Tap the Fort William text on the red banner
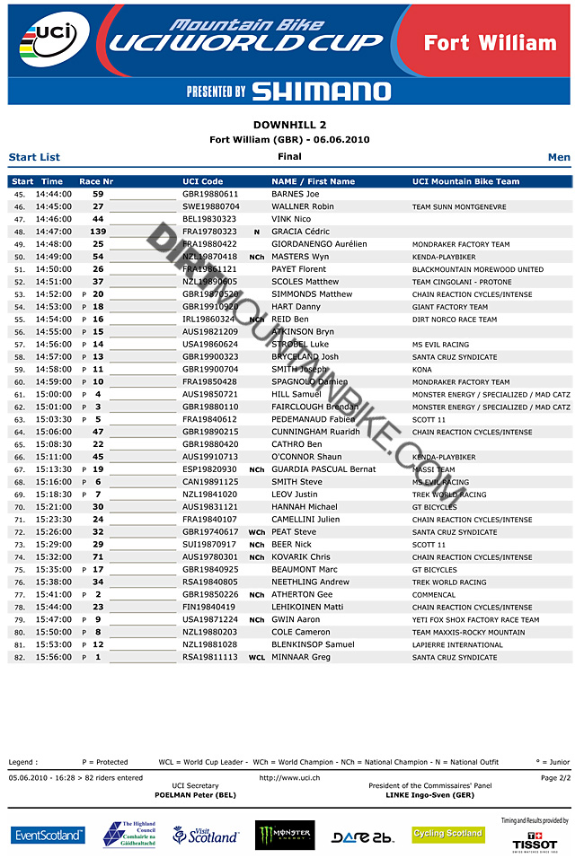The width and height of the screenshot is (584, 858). pyautogui.click(x=490, y=43)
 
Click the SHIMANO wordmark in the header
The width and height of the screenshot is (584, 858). pyautogui.click(x=321, y=92)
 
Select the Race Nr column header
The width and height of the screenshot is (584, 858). pyautogui.click(x=96, y=181)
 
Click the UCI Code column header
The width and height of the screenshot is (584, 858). pyautogui.click(x=202, y=181)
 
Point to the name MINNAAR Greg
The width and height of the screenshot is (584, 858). pyautogui.click(x=301, y=658)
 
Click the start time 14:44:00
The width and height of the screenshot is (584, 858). pyautogui.click(x=54, y=194)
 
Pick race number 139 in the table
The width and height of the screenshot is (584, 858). pyautogui.click(x=98, y=232)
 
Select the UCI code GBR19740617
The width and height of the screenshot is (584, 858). pyautogui.click(x=210, y=532)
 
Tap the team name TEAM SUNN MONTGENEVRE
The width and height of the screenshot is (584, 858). pyautogui.click(x=458, y=207)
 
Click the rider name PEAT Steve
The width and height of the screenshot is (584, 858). pyautogui.click(x=294, y=532)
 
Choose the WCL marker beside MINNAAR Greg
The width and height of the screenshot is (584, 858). pyautogui.click(x=257, y=658)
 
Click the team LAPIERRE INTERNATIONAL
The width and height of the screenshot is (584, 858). pyautogui.click(x=457, y=645)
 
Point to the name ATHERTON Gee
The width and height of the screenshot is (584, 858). pyautogui.click(x=302, y=595)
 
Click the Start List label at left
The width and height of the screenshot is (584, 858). pyautogui.click(x=34, y=157)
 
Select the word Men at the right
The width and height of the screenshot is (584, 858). pyautogui.click(x=559, y=157)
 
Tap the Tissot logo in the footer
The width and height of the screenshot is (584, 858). pyautogui.click(x=535, y=840)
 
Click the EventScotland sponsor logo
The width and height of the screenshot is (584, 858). pyautogui.click(x=49, y=836)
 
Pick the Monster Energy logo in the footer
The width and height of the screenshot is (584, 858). pyautogui.click(x=285, y=836)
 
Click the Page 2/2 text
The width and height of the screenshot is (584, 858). pyautogui.click(x=555, y=778)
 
